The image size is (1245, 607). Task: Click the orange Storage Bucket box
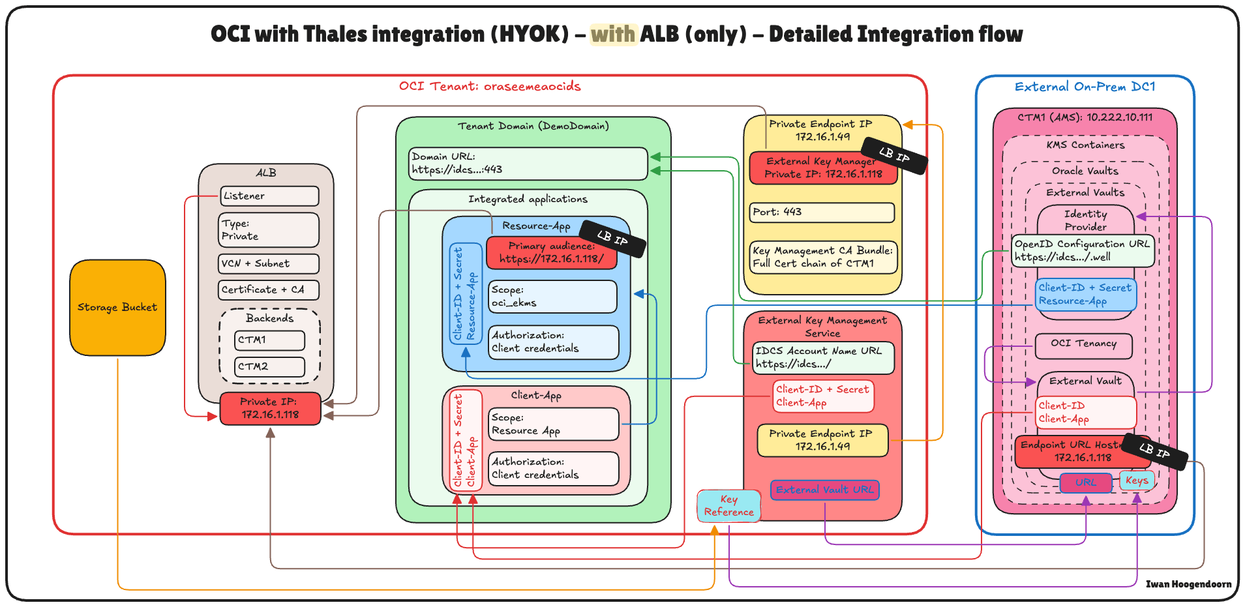(117, 307)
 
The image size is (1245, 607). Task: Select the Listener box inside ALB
(269, 196)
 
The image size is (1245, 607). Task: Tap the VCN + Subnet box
(269, 263)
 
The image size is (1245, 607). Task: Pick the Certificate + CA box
(269, 289)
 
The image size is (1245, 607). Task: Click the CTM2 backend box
(269, 366)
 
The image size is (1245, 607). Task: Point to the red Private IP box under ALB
(270, 408)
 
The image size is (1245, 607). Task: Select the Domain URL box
(528, 163)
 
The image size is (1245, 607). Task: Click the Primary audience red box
(551, 253)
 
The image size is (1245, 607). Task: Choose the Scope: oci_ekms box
(552, 297)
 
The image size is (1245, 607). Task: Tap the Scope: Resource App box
(553, 424)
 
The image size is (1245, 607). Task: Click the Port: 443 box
(822, 212)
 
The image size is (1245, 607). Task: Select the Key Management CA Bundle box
(823, 257)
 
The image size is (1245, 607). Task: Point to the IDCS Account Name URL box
(823, 357)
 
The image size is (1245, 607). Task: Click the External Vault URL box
(824, 490)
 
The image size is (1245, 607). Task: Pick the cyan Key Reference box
(728, 506)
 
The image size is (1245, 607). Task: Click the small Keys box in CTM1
(1137, 481)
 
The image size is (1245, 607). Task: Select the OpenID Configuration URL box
(1083, 250)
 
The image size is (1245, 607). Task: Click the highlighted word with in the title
(613, 34)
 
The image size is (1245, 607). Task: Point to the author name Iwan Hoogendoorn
(1188, 584)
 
